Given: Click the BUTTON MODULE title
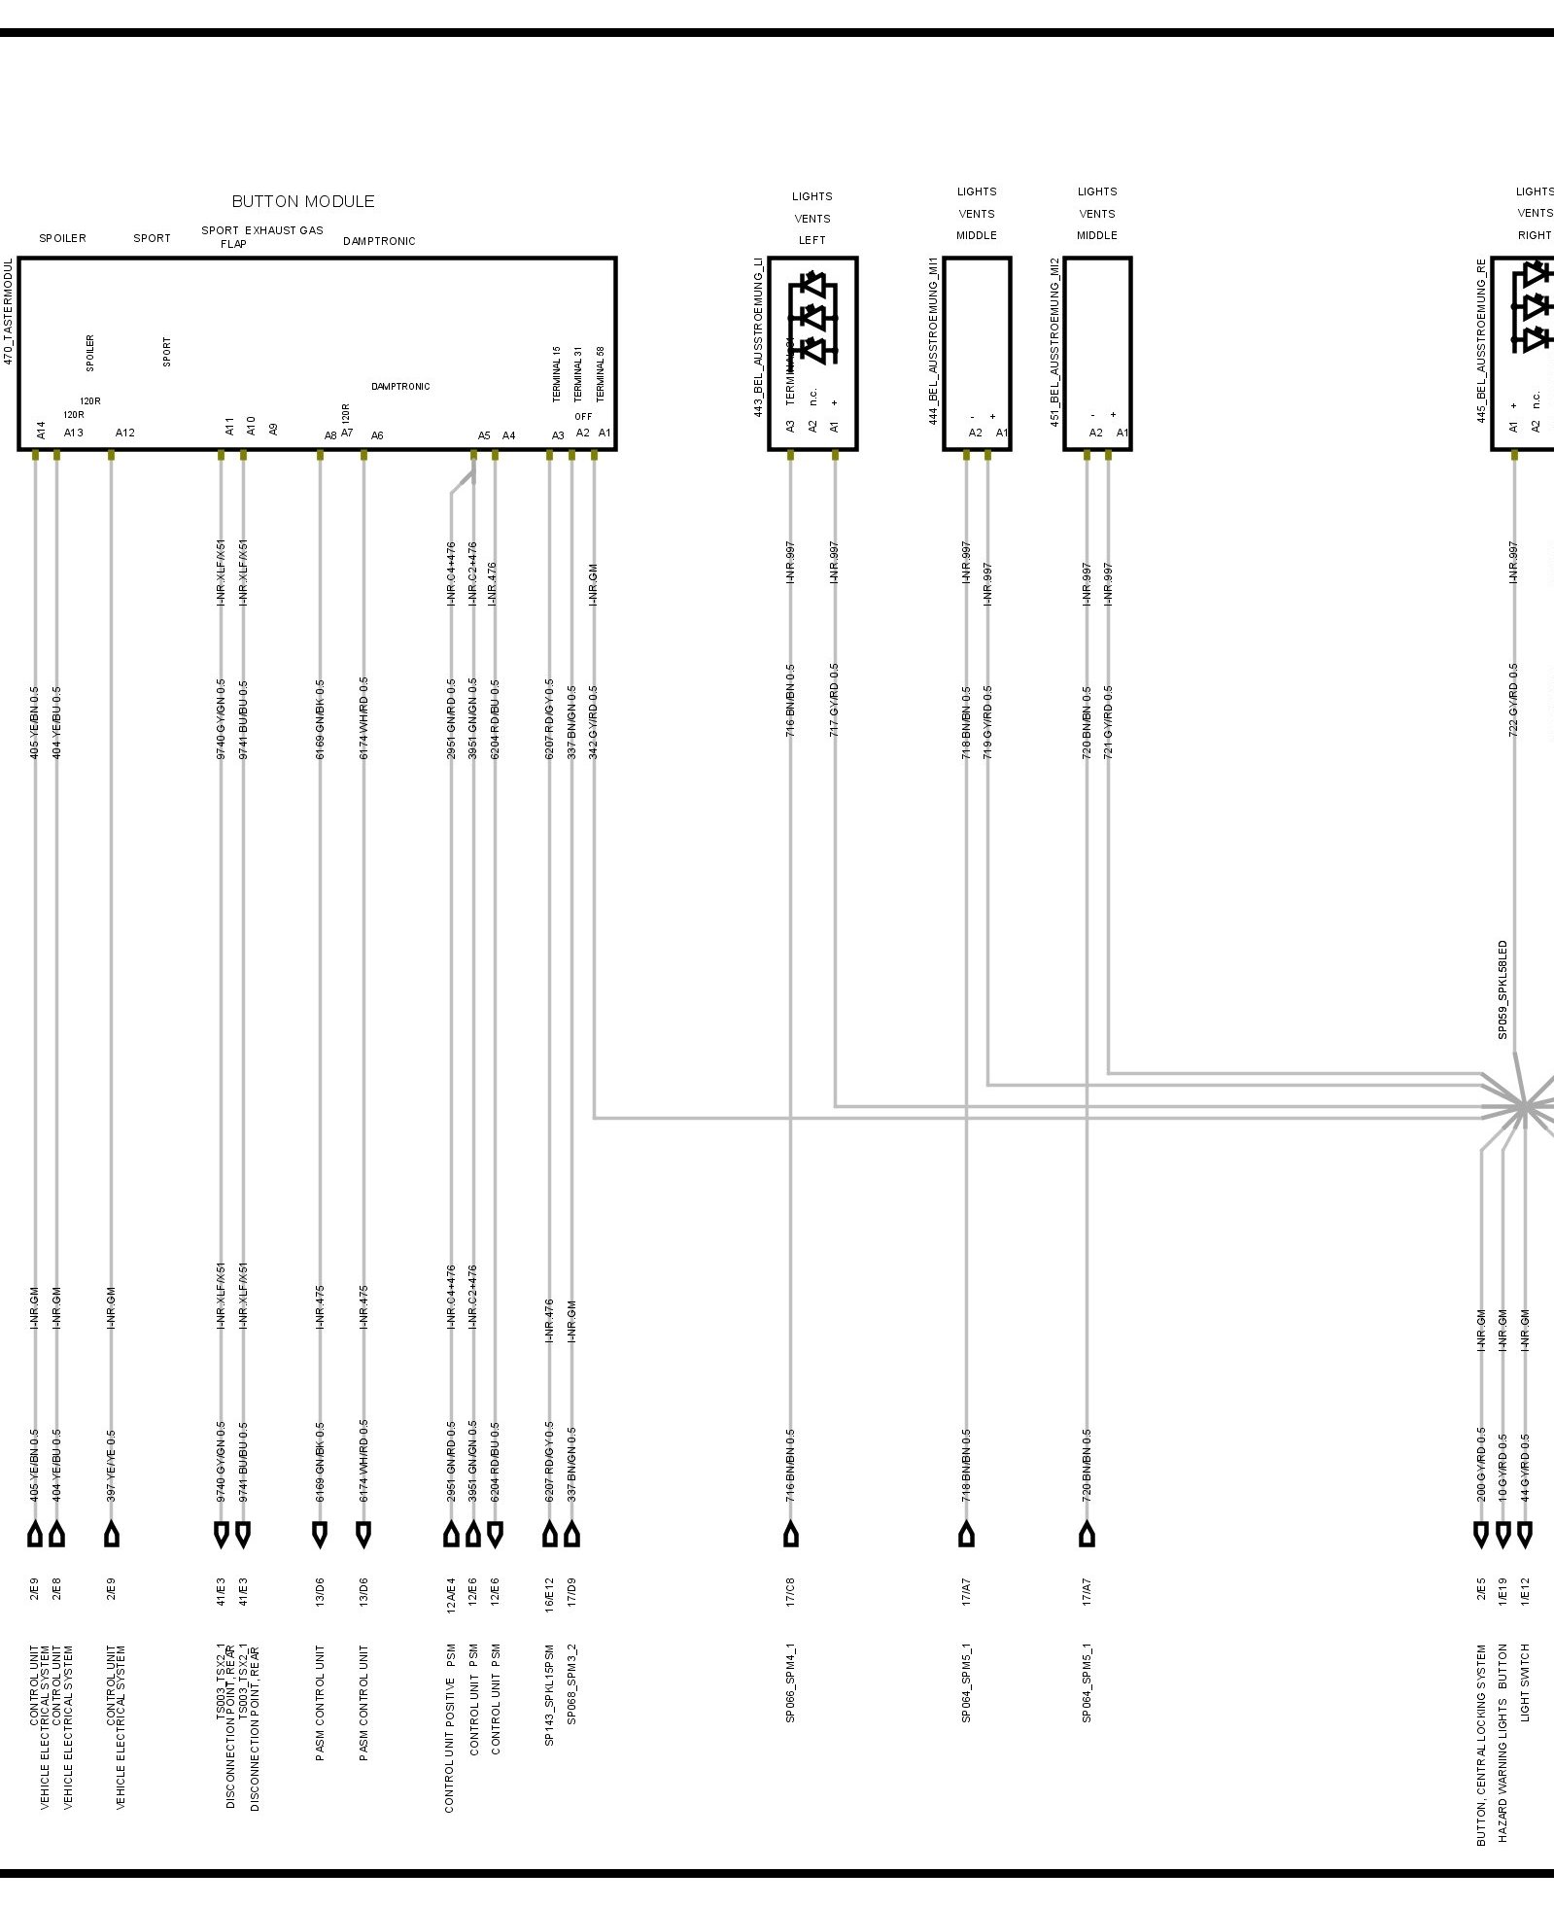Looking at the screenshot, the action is pos(302,201).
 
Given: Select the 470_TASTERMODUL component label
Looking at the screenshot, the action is pos(9,311).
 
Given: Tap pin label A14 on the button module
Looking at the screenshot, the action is pos(41,430).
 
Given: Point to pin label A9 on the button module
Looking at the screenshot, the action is pos(273,429).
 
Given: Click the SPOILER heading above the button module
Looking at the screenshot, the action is pos(62,238).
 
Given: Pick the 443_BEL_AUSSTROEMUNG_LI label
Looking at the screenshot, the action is pos(758,338).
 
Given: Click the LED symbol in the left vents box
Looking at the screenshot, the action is pos(813,317).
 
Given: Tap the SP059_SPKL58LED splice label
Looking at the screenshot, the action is pos(1502,989).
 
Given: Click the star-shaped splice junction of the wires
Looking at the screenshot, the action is pos(1524,1106).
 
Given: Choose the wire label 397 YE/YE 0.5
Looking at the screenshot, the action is pos(112,1466).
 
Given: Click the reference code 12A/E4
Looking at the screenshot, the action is pos(451,1594).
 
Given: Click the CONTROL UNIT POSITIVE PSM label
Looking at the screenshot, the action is pos(450,1729).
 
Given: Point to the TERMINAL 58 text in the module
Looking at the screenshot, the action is pos(601,374).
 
